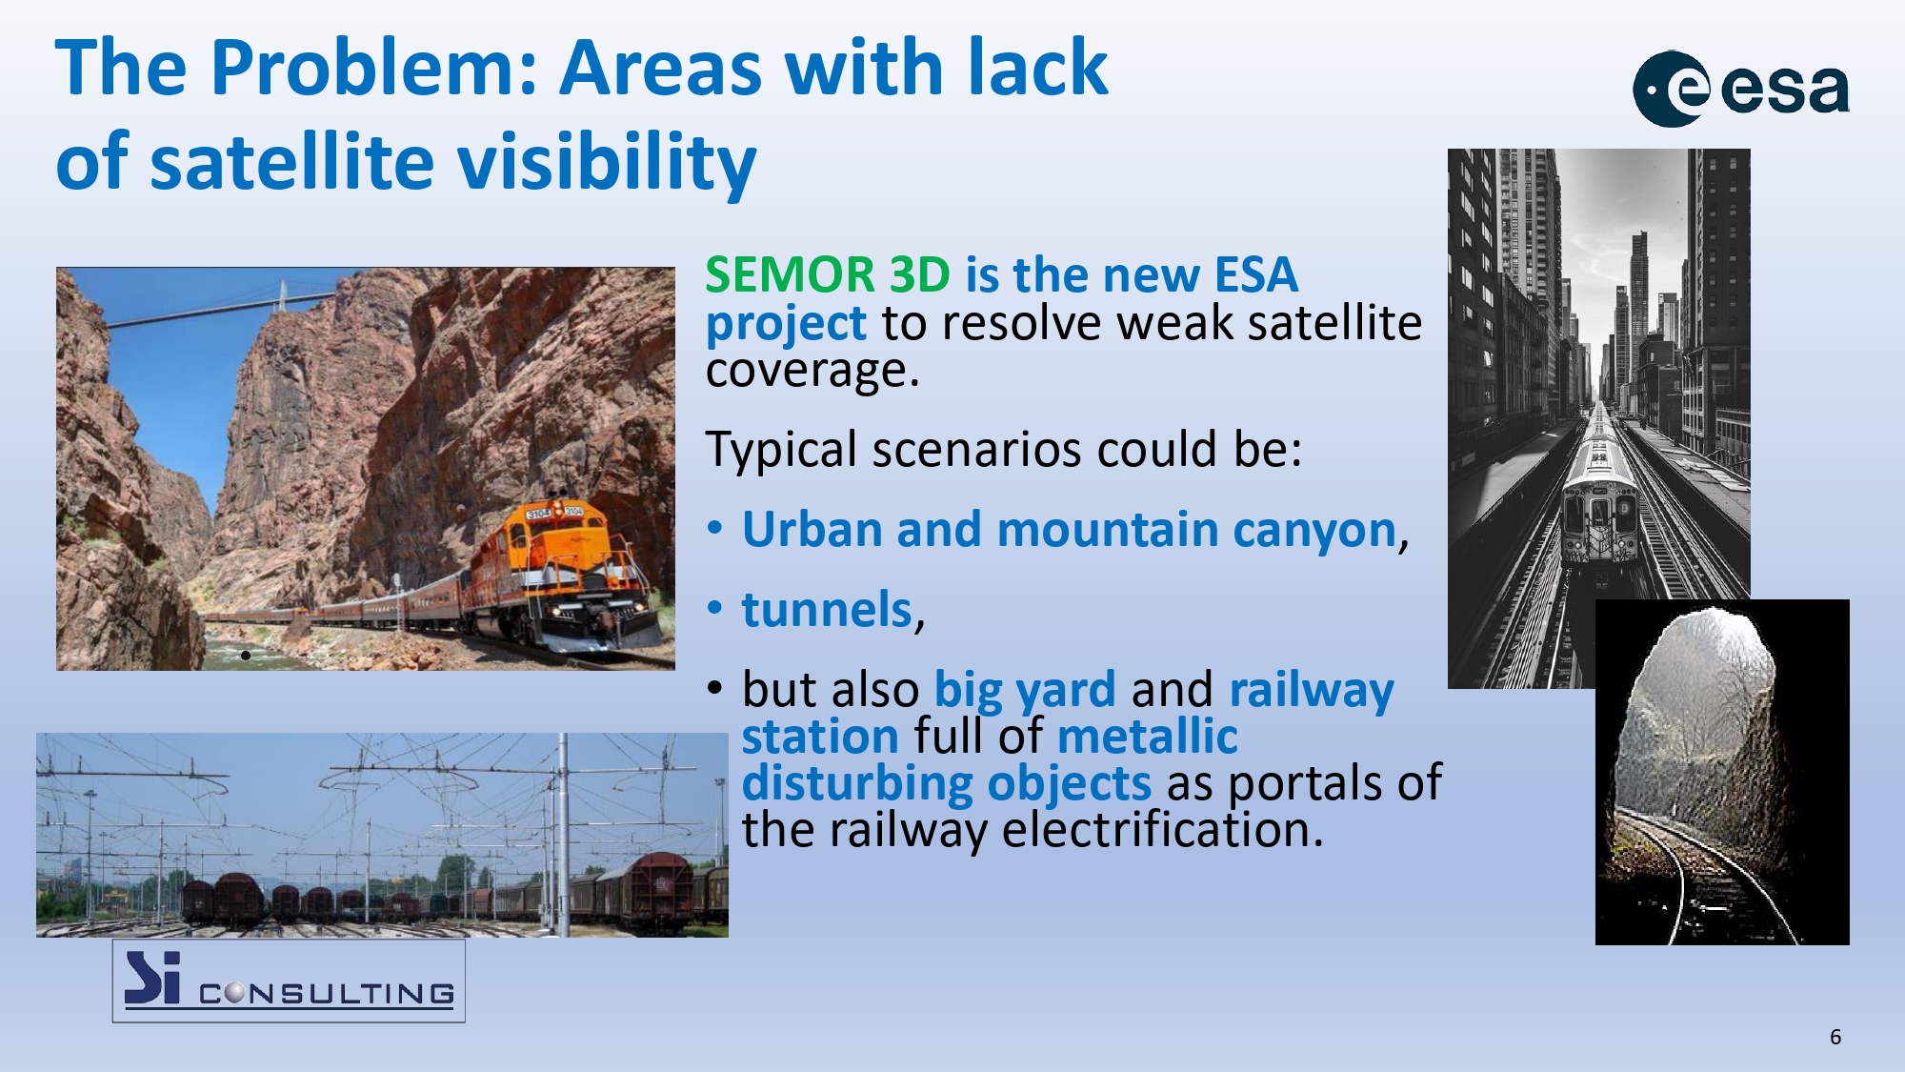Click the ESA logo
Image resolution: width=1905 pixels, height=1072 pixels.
pos(1741,89)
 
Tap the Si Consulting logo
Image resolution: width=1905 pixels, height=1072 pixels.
pos(289,981)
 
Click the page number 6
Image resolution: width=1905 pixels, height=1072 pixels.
pos(1835,1037)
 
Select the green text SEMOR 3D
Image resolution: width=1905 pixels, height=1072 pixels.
pos(828,274)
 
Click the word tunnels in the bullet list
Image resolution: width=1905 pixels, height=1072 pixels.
pos(827,609)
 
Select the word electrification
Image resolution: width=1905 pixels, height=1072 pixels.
pos(1163,829)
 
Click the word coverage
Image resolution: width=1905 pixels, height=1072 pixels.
pos(812,371)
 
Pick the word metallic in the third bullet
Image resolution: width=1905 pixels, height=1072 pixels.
pos(1147,736)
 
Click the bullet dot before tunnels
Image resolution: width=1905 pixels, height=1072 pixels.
pos(715,609)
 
